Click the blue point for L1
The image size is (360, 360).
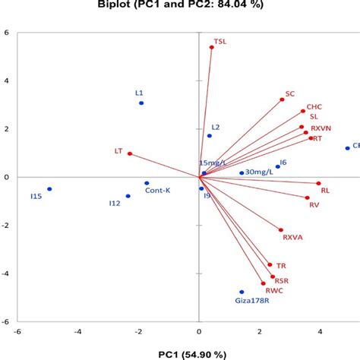click(x=141, y=103)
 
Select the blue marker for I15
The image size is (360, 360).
click(x=49, y=189)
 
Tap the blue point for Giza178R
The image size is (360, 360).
click(x=242, y=292)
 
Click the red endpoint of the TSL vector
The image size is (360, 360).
click(x=212, y=47)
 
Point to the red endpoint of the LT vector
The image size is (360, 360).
click(x=130, y=153)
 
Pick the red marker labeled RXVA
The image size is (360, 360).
click(x=281, y=230)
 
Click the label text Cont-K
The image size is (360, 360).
click(x=157, y=191)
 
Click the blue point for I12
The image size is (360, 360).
click(x=128, y=196)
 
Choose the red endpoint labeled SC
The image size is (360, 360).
click(x=282, y=99)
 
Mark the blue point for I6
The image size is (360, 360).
click(x=278, y=166)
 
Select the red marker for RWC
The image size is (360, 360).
click(x=264, y=284)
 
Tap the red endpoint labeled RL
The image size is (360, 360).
click(x=318, y=183)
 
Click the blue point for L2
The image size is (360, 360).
click(x=210, y=136)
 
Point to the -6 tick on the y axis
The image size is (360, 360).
click(x=6, y=321)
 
